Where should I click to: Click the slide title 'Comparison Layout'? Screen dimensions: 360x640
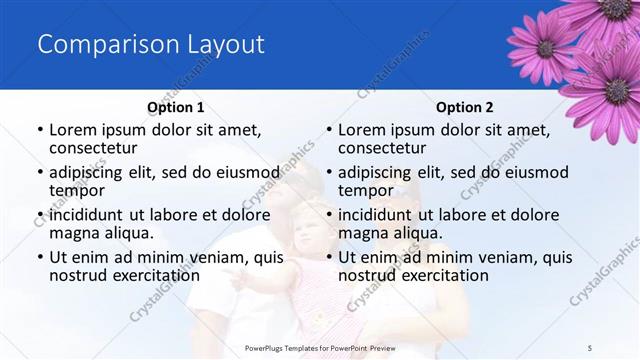[x=151, y=45]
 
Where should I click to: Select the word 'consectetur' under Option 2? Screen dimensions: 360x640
[x=383, y=148]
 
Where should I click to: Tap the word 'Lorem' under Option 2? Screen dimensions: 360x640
[x=362, y=130]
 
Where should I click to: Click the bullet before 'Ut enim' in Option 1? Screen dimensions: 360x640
[x=39, y=258]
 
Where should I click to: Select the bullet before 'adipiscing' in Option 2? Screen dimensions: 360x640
[x=329, y=173]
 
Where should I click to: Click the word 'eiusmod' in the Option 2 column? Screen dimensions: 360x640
[x=536, y=172]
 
